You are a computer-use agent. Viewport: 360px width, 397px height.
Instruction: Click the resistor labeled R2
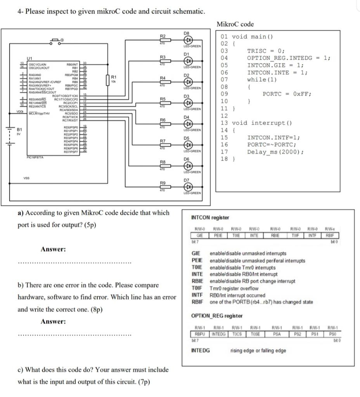click(x=163, y=40)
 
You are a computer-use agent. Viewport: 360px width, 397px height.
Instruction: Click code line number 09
click(x=224, y=94)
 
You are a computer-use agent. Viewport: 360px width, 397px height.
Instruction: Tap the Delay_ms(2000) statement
click(x=275, y=152)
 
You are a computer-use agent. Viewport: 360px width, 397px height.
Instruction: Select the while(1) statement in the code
click(x=262, y=79)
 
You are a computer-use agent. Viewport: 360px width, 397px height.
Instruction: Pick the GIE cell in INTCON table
click(x=200, y=235)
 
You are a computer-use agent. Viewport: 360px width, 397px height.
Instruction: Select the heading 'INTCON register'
click(x=210, y=218)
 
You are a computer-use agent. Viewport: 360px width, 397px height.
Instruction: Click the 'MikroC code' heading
click(x=235, y=24)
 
